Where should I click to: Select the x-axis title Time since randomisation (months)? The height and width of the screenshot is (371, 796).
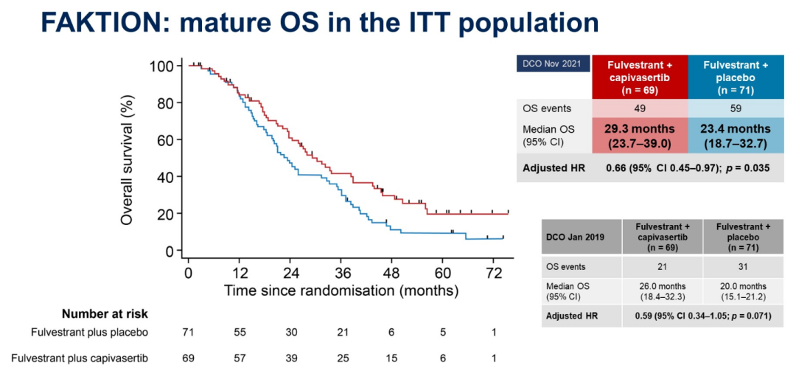pyautogui.click(x=342, y=290)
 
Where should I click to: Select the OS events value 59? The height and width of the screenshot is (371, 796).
pyautogui.click(x=736, y=108)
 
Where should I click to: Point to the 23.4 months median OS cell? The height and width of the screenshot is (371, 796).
pyautogui.click(x=736, y=136)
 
